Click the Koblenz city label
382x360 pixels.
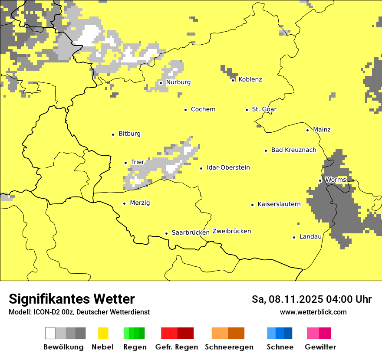pos(250,79)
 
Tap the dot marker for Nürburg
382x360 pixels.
pos(161,82)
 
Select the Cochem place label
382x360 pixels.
pos(203,109)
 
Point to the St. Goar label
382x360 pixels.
pos(264,109)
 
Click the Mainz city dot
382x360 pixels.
pos(307,130)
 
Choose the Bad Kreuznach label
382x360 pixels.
pos(293,150)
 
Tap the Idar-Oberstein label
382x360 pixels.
pos(228,167)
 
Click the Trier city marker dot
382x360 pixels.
pos(125,163)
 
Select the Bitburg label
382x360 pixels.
pos(129,134)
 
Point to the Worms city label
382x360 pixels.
pos(335,180)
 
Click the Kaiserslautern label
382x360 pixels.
pos(279,204)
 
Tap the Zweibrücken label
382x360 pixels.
pos(231,231)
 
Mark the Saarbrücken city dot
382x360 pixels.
pos(166,233)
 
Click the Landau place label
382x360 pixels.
pos(310,236)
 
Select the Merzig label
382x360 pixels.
pos(140,203)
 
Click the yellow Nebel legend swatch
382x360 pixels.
pos(103,333)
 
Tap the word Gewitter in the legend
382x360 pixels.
pos(320,347)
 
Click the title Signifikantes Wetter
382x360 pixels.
pos(72,299)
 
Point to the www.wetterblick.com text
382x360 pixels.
pos(313,312)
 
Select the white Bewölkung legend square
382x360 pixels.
pos(50,333)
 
